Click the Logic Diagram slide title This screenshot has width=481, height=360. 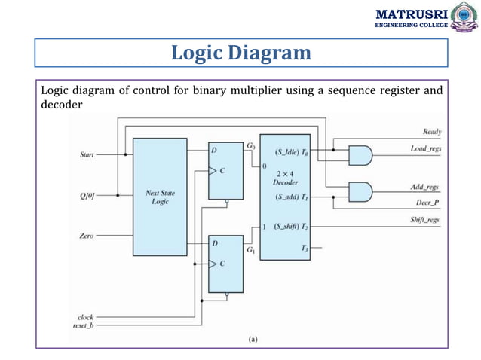[x=240, y=53]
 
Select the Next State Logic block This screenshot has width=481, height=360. [x=160, y=197]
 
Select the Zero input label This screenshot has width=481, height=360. [x=86, y=236]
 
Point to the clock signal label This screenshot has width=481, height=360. [x=85, y=317]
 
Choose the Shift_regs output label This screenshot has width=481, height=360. [x=425, y=220]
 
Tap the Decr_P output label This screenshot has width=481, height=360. [x=427, y=202]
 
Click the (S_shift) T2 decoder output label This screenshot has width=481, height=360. [x=291, y=227]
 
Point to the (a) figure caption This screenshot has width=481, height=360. [x=252, y=340]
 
